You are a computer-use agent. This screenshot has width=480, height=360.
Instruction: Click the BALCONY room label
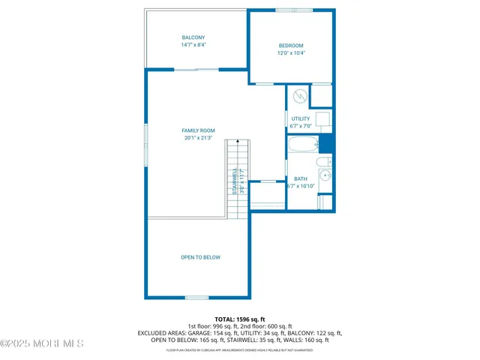[193, 37]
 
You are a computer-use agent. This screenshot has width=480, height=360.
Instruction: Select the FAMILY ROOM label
[198, 130]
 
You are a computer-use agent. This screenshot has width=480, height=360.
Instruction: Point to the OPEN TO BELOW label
[200, 257]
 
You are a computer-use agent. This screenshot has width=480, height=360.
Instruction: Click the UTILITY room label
[301, 118]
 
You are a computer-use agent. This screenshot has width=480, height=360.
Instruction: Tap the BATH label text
[301, 178]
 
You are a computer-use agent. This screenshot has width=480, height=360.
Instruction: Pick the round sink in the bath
[325, 176]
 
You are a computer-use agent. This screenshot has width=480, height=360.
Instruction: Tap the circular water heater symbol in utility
[298, 96]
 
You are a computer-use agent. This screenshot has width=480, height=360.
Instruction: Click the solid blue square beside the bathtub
[326, 143]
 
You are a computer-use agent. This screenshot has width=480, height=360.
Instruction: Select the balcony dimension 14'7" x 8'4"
[193, 45]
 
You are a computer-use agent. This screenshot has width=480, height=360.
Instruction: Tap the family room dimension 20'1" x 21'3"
[198, 138]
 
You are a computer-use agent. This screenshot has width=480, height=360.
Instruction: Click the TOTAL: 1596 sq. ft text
[240, 319]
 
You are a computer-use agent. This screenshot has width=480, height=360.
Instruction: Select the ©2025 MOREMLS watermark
[42, 343]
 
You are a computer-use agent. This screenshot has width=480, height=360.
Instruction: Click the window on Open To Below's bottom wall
[196, 298]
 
